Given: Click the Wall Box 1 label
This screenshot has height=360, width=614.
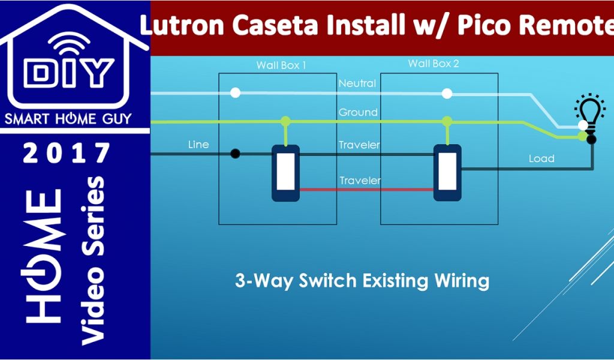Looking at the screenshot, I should [281, 65].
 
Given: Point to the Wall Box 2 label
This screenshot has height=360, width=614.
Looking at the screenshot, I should [434, 63].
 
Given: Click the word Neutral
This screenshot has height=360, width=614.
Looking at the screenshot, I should [357, 83].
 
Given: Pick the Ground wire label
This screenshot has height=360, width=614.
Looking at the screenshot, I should [358, 112].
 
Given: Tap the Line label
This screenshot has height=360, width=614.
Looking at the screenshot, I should [198, 144].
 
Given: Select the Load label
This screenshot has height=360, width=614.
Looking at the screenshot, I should [541, 159].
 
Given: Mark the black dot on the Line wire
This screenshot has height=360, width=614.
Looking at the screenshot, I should [236, 154].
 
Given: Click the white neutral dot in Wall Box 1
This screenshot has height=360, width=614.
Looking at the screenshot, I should [236, 92].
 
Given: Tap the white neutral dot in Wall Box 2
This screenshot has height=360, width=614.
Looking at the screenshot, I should [447, 93].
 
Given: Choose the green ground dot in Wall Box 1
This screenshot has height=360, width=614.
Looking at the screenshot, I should [285, 122].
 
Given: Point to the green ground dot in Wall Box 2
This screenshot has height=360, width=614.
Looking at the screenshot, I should [447, 122].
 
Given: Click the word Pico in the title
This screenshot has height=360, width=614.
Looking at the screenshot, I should [486, 26].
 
